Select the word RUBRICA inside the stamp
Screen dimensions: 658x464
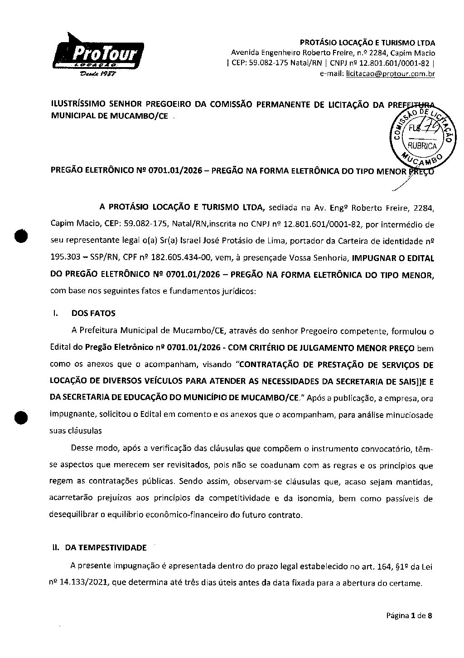click(422, 146)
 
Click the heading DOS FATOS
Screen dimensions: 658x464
click(93, 313)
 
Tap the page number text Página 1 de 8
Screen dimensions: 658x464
click(410, 615)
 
